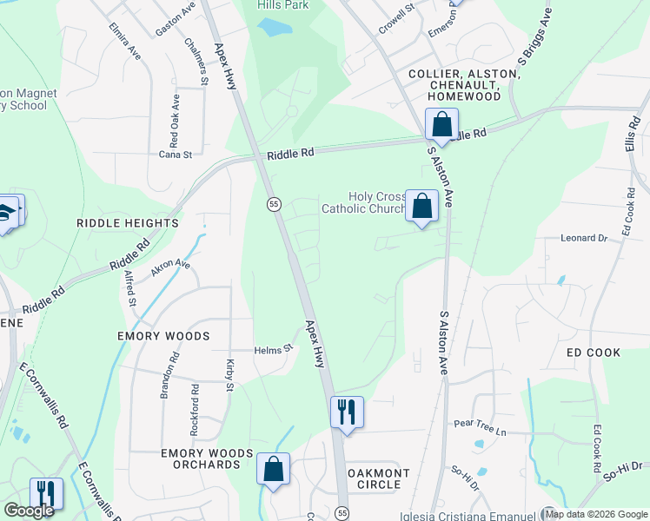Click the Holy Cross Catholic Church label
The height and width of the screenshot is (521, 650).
pos(365,202)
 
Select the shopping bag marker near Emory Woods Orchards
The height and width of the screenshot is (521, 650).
pos(273,469)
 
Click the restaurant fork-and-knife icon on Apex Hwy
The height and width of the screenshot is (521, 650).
pos(347,412)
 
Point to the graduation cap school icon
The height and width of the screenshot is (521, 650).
pos(7,212)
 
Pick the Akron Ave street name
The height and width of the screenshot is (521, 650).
pos(170,267)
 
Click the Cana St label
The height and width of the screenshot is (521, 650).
pos(175,154)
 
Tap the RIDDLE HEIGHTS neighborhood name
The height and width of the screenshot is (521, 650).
pos(128,223)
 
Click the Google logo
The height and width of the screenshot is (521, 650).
pos(30,511)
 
